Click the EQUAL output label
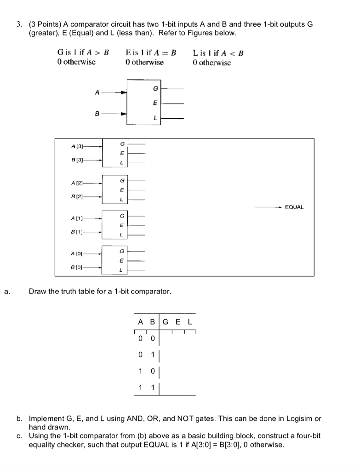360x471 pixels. [x=294, y=207]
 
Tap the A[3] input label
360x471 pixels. [x=77, y=146]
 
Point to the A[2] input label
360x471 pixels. [x=77, y=183]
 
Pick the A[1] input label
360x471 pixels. [x=77, y=218]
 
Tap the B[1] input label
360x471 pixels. [x=77, y=232]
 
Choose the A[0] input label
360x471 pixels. [x=77, y=253]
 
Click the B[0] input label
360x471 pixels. [x=77, y=267]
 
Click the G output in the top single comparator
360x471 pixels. [x=155, y=88]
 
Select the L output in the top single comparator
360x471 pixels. [x=155, y=119]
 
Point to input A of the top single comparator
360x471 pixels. [x=97, y=92]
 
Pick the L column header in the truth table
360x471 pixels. [x=189, y=322]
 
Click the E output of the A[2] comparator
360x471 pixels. [x=121, y=190]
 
